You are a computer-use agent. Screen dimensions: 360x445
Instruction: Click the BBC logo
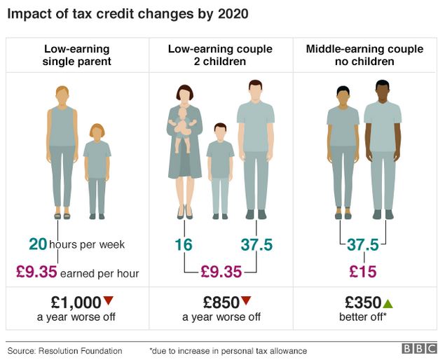[x=418, y=348]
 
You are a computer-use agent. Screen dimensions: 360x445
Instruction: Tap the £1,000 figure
[x=76, y=303]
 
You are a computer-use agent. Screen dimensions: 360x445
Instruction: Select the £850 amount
[x=221, y=303]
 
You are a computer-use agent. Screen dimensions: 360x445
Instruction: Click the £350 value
[x=362, y=303]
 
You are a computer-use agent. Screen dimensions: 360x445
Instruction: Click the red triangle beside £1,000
[x=108, y=301]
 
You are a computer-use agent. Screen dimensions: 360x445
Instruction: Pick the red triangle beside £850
[x=246, y=301]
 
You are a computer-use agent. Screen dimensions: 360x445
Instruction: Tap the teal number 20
[x=38, y=244]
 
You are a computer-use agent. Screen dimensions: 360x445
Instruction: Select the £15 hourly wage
[x=363, y=272]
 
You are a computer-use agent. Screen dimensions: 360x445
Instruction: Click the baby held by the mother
[x=184, y=126]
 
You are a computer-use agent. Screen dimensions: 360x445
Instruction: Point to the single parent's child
[x=97, y=168]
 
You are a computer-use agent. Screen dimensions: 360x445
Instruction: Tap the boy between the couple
[x=220, y=168]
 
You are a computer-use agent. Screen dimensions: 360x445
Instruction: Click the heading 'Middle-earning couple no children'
[x=364, y=55]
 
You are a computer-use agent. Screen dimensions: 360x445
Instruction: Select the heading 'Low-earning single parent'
[x=78, y=55]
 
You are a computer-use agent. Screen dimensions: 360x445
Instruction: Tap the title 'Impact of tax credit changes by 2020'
[x=128, y=13]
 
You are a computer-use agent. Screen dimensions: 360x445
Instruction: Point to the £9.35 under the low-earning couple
[x=221, y=272]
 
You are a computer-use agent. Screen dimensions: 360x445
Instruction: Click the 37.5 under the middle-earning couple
[x=363, y=244]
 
